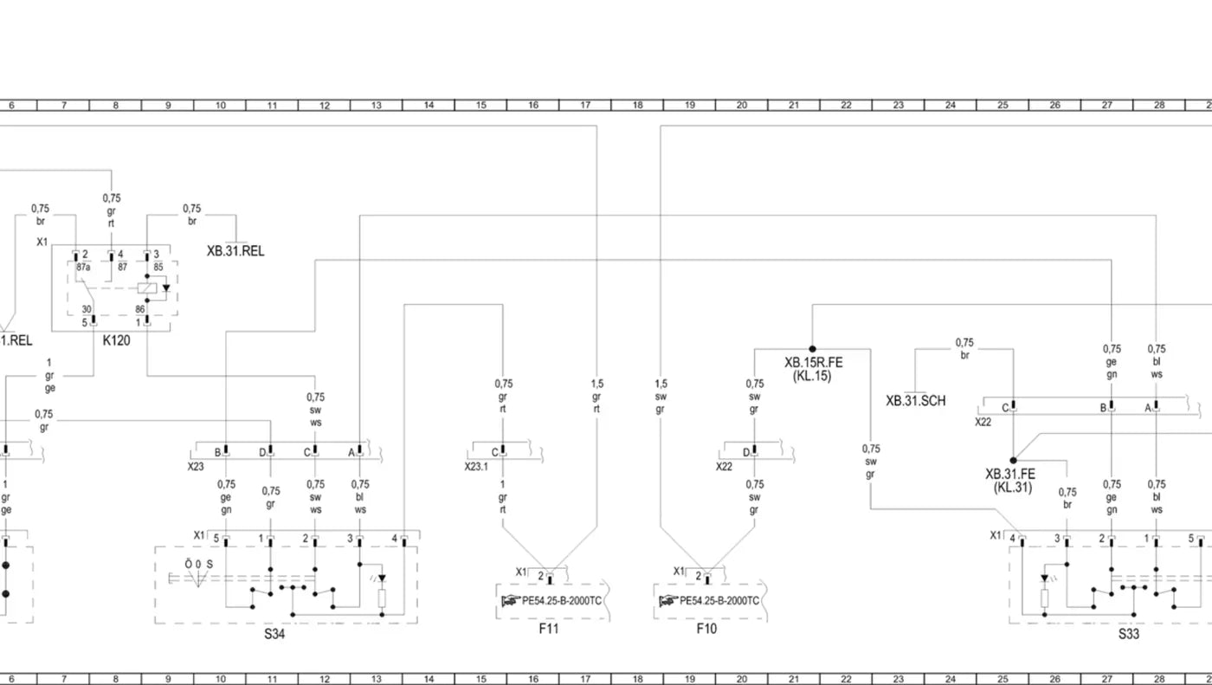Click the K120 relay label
tap(116, 340)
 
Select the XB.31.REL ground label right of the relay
tap(235, 251)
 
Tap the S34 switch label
tap(274, 634)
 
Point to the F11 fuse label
tap(549, 629)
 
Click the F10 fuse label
tap(706, 629)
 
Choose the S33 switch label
tap(1129, 634)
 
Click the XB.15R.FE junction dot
tap(812, 349)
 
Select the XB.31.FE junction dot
tap(1013, 461)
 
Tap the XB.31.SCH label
tap(916, 401)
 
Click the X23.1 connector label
tap(476, 467)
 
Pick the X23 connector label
tap(196, 467)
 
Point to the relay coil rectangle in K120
tap(147, 288)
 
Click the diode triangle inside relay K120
tap(166, 288)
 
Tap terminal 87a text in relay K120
tap(83, 267)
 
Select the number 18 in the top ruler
tap(637, 105)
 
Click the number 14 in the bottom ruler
tap(429, 679)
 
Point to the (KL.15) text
tap(812, 376)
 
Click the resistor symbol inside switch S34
tap(382, 598)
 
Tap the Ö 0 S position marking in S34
tap(198, 565)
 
